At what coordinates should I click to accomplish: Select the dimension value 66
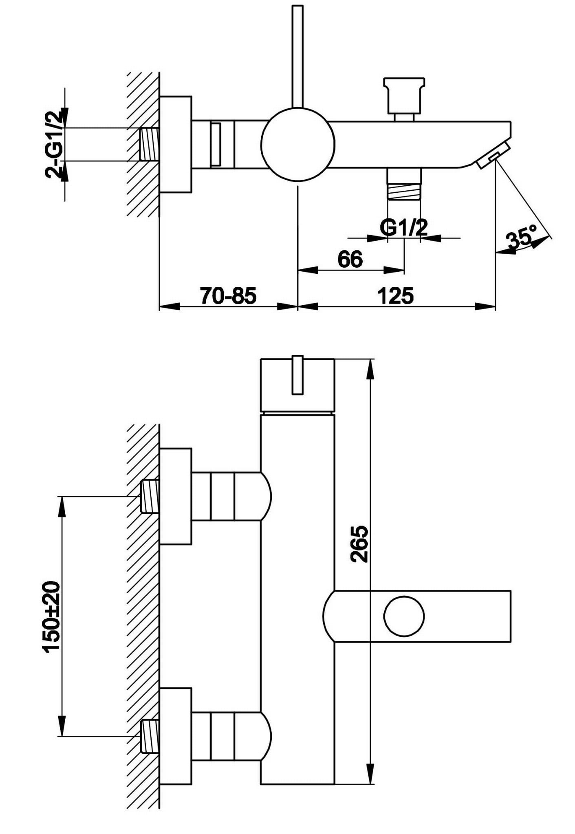point(350,260)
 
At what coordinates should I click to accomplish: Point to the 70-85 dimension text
point(228,295)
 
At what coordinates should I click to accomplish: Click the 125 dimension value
point(396,295)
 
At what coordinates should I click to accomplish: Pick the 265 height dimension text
point(359,544)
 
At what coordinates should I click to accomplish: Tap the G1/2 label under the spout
point(404,227)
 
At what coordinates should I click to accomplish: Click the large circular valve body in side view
point(298,145)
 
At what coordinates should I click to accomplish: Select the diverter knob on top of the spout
point(404,95)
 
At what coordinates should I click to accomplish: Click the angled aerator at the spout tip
point(492,155)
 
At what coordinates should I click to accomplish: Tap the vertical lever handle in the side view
point(298,57)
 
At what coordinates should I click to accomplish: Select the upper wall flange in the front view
point(176,496)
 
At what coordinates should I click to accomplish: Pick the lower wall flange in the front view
point(176,736)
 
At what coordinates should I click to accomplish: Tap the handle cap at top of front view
point(297,385)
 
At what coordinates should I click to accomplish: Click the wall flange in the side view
point(176,144)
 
